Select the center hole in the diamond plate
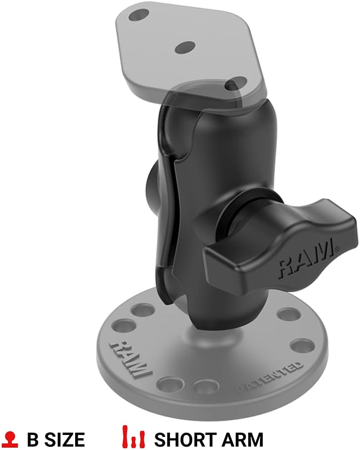click(184, 47)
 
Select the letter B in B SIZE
click(32, 440)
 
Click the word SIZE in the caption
click(63, 440)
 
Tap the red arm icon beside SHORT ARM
click(133, 439)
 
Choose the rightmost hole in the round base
click(302, 347)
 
